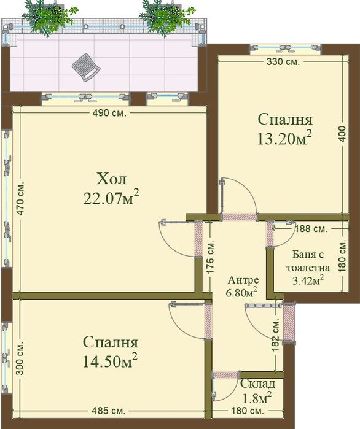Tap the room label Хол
[x=111, y=179]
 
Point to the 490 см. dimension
[x=105, y=113]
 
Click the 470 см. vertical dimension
[x=20, y=198]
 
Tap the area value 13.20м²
[x=284, y=139]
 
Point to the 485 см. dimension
[x=110, y=410]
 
